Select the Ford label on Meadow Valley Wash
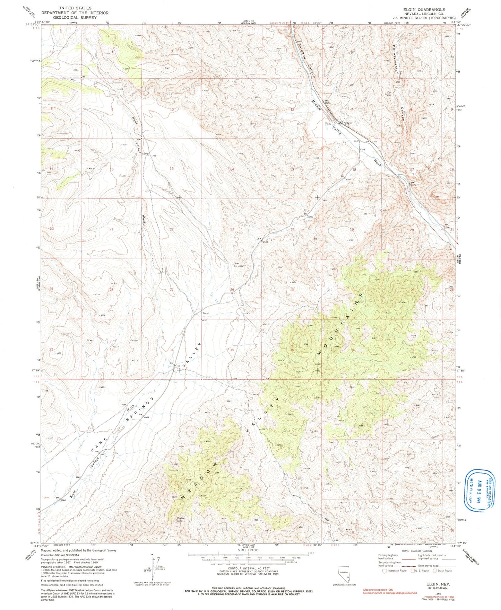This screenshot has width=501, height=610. pyautogui.click(x=363, y=150)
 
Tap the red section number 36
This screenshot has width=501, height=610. pyautogui.click(x=292, y=350)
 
